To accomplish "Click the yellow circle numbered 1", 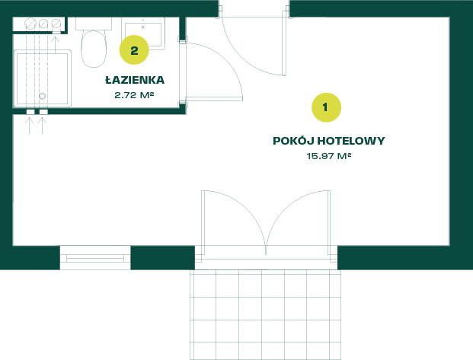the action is pos(326,107).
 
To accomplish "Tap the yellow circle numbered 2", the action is pos(134,49).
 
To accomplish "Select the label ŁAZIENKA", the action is pos(135,80).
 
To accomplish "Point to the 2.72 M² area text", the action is pos(134,95).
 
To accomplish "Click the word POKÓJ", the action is pos(293,141).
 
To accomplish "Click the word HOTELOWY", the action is pos(351,141).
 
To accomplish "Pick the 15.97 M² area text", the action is pos(329,156).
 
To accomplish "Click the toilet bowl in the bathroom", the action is pos(94,49).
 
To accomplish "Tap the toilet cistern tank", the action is pos(94,24).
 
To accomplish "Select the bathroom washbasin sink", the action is pos(143,33).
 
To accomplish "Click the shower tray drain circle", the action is pos(42,96).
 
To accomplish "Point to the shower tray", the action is pos(43,78).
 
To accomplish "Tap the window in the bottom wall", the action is pos(95,258).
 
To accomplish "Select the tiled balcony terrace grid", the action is pos(266,315).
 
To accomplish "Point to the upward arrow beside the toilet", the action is pos(55,45).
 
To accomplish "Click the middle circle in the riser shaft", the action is pos(43,24).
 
